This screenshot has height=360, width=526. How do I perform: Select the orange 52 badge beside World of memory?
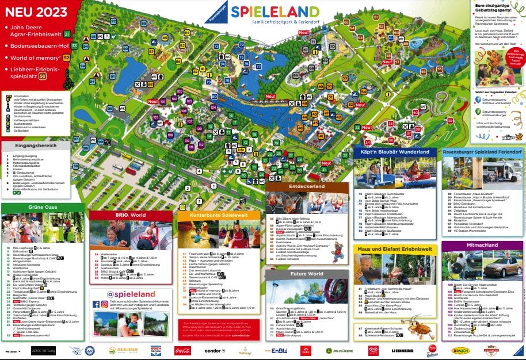pyautogui.click(x=67, y=58)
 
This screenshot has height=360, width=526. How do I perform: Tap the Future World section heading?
pyautogui.click(x=307, y=274)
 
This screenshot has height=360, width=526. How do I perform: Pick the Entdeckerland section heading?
pyautogui.click(x=307, y=186)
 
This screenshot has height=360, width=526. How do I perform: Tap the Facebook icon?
pyautogui.click(x=96, y=304)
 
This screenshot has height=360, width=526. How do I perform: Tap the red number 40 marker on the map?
pyautogui.click(x=416, y=112)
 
